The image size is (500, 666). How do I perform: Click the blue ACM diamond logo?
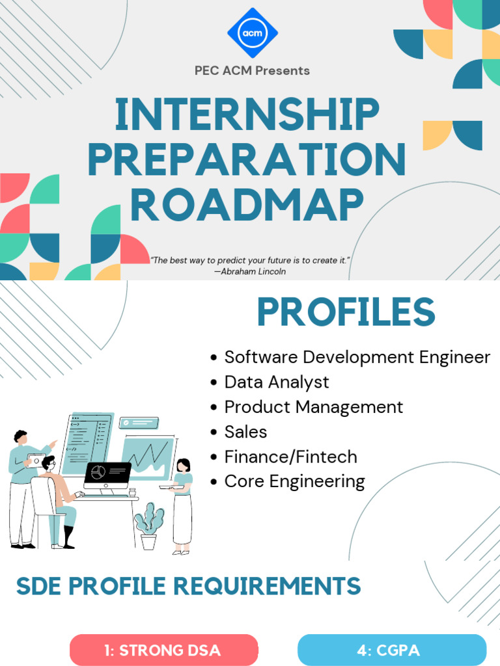pos(252,33)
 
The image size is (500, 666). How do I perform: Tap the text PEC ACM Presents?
pos(252,70)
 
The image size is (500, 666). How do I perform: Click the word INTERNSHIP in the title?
pos(247,116)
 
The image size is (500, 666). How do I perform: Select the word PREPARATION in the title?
pos(247,160)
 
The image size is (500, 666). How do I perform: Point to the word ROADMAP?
pos(247,204)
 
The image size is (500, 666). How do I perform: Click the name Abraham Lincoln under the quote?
pos(250,271)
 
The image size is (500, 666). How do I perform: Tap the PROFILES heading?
pos(346,313)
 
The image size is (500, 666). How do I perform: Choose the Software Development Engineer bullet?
pos(357,357)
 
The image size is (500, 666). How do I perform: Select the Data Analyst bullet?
pos(277,382)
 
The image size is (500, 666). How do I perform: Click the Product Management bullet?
pos(313,406)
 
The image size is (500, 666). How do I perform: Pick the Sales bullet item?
pos(245,431)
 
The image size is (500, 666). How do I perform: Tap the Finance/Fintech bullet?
pos(290,457)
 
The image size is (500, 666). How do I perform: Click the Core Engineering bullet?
pos(294,481)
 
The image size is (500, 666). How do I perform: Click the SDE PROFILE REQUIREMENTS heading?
pos(188,586)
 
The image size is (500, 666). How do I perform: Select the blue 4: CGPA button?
pos(392,650)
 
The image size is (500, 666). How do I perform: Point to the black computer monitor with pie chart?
pos(107,475)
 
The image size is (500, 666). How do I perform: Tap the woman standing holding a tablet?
pos(182,504)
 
